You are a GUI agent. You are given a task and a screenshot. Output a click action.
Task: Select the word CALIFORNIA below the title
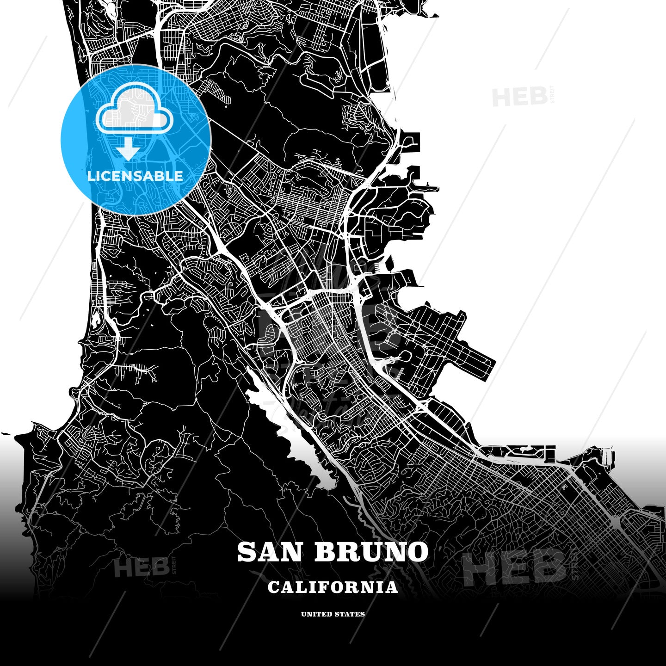(333, 587)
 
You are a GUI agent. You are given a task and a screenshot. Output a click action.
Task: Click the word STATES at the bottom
(350, 614)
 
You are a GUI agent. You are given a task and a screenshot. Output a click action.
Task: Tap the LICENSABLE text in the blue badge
(135, 176)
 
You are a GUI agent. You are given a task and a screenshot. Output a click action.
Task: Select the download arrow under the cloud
(128, 149)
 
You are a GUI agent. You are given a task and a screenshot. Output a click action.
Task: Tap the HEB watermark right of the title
(513, 567)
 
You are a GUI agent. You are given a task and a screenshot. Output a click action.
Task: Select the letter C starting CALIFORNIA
(273, 587)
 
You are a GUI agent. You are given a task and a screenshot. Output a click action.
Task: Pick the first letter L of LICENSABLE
(91, 176)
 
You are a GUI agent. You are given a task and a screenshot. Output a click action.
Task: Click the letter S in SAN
(247, 552)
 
